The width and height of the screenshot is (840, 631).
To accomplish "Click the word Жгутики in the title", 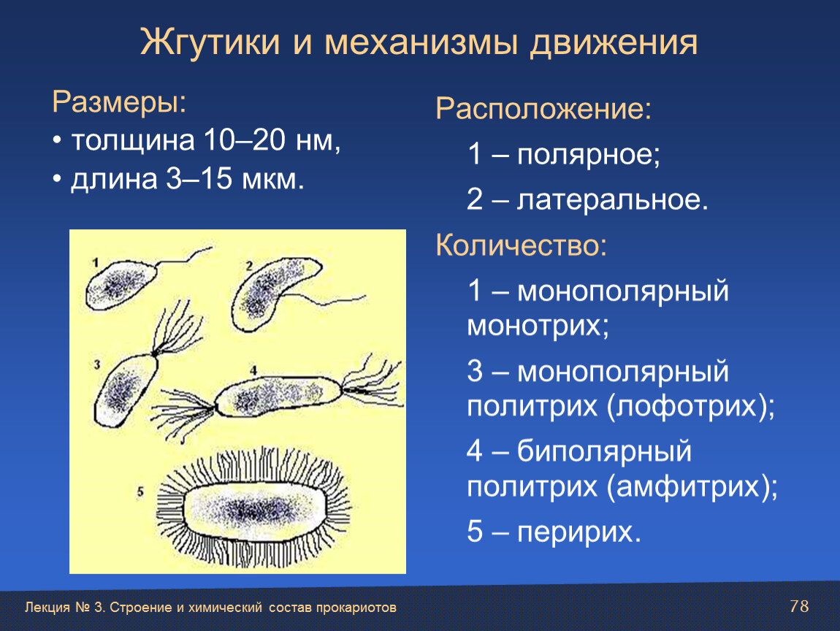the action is (210, 42).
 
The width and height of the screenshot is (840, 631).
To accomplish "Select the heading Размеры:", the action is (119, 102).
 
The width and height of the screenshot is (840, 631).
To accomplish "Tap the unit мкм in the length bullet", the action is (273, 179).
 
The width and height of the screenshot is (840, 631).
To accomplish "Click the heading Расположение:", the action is (543, 109).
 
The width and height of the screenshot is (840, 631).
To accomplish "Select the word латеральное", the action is (612, 200).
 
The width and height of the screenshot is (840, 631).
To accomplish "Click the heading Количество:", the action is (522, 245).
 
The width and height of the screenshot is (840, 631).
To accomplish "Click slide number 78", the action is (799, 606).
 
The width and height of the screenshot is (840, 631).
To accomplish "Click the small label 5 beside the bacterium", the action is (140, 492).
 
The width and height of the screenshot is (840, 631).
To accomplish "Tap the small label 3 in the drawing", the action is (97, 364).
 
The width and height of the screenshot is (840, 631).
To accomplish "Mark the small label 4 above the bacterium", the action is (253, 370).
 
